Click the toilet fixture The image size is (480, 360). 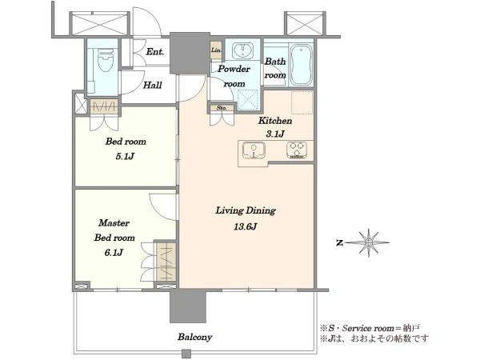(x=106, y=61)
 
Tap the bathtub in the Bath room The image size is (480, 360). (x=302, y=65)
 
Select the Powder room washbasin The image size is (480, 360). (x=242, y=50)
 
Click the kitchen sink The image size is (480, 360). (x=254, y=150)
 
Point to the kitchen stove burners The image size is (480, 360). (x=297, y=150)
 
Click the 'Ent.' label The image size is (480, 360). (x=155, y=52)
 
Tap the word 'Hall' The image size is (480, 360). (x=153, y=85)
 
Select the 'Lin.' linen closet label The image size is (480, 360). (x=216, y=50)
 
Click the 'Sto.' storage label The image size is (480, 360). (x=222, y=108)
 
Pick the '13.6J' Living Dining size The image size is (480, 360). (x=246, y=226)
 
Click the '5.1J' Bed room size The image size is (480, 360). (x=125, y=157)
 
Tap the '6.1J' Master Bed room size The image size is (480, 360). (x=114, y=253)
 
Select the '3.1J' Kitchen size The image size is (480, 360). (x=275, y=134)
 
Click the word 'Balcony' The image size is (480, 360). (x=195, y=337)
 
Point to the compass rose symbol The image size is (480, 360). (x=369, y=242)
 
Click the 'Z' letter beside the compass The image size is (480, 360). (x=339, y=243)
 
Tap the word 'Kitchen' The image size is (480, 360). (x=275, y=120)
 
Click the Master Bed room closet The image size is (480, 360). (x=166, y=261)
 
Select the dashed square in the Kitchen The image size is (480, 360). (x=302, y=102)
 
